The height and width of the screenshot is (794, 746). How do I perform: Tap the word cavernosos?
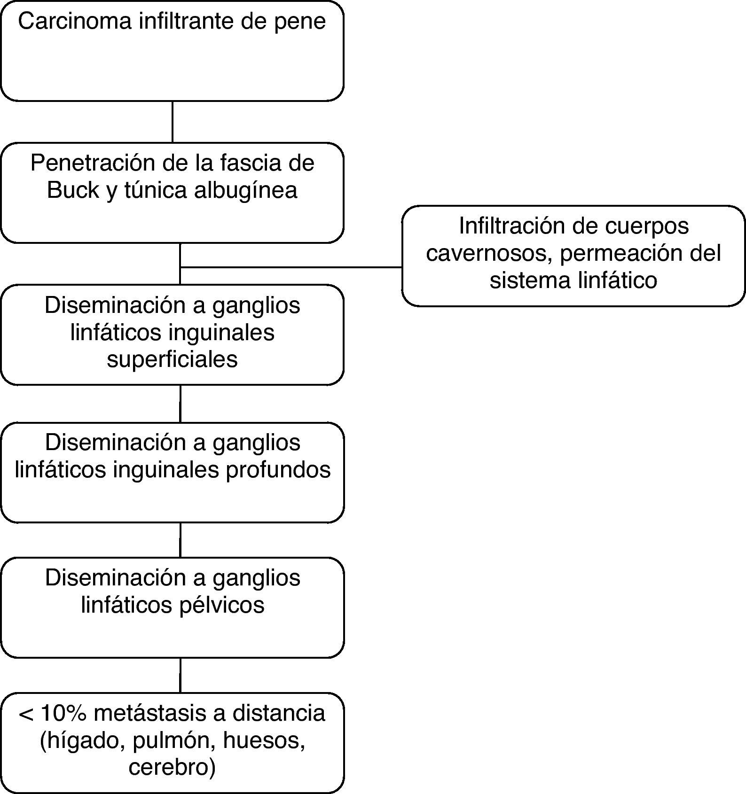point(489,254)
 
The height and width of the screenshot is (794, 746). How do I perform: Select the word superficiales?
point(172,359)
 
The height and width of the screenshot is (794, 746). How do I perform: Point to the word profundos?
point(278,470)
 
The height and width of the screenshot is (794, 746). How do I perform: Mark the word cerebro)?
point(172,768)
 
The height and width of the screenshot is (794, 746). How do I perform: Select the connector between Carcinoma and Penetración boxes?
point(173,121)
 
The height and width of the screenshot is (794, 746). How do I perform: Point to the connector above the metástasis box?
point(180,675)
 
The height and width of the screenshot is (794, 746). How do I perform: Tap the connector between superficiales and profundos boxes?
point(180,404)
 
